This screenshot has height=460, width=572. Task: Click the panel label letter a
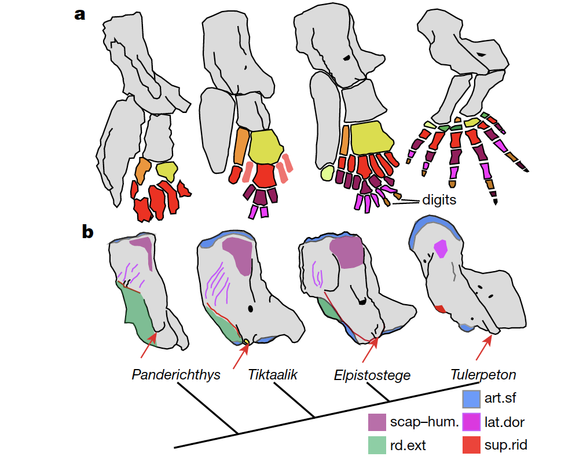(80, 14)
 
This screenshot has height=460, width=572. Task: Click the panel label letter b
(87, 232)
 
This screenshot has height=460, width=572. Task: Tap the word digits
(438, 200)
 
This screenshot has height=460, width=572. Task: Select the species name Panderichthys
(176, 374)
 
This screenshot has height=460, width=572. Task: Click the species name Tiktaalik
(273, 374)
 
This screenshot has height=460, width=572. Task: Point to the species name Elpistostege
(372, 375)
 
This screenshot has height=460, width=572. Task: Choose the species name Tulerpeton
(483, 374)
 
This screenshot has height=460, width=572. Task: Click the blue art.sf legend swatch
(472, 399)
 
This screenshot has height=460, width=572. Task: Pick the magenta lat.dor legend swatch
(472, 422)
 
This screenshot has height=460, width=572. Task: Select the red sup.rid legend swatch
(472, 445)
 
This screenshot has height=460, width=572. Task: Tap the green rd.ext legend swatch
(377, 445)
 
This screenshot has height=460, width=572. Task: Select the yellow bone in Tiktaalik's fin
(265, 148)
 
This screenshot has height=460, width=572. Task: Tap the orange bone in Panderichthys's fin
(142, 170)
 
